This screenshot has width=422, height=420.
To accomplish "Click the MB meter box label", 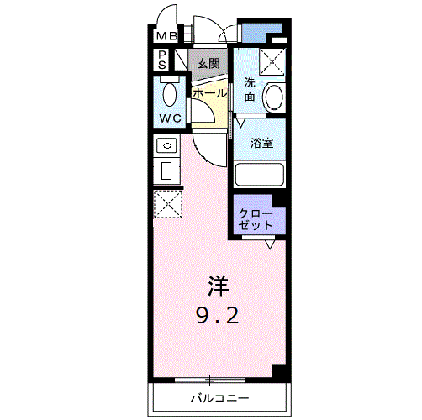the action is click(x=167, y=36).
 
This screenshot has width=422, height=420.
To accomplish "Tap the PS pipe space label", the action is click(x=162, y=60).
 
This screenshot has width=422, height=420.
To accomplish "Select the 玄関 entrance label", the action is click(x=208, y=64).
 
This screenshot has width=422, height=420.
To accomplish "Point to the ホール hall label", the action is click(x=209, y=93).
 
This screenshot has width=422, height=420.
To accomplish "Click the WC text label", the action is click(x=170, y=118).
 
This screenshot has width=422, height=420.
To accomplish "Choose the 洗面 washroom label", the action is click(x=250, y=89).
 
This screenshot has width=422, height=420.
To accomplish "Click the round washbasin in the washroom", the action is click(x=274, y=97).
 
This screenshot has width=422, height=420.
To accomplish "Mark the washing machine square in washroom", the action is click(x=272, y=62).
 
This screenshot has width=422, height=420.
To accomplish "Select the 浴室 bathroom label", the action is click(x=261, y=143).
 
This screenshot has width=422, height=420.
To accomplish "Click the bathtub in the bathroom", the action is click(x=260, y=175).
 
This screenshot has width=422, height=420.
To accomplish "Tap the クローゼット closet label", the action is click(x=256, y=220).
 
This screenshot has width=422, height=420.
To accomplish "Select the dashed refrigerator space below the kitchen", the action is click(x=168, y=204).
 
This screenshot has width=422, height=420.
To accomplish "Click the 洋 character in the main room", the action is click(x=219, y=286).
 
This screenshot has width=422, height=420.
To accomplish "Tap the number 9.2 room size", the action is click(x=218, y=316).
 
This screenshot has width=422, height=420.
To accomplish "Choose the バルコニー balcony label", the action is click(x=219, y=398).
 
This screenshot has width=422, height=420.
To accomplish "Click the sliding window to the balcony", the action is click(x=209, y=380).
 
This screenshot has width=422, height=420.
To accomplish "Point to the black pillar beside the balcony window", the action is click(x=280, y=372).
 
